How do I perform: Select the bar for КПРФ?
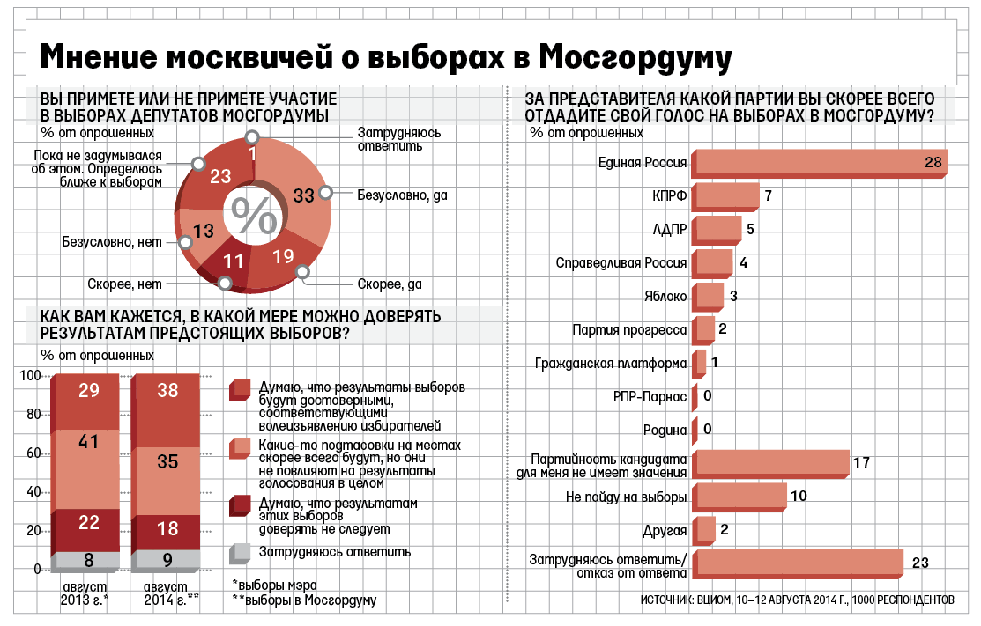tap(727, 196)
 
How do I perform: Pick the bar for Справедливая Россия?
tap(714, 263)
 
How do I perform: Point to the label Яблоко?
tap(665, 297)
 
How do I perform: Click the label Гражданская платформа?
tap(612, 364)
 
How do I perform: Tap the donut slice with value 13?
tap(203, 232)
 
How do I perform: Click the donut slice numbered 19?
tap(282, 257)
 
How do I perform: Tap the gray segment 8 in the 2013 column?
tap(88, 560)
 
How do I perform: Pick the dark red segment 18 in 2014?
tap(167, 528)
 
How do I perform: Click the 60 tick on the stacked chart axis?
tap(32, 453)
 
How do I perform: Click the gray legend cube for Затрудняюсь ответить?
tap(239, 554)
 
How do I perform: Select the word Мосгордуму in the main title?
tap(635, 58)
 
